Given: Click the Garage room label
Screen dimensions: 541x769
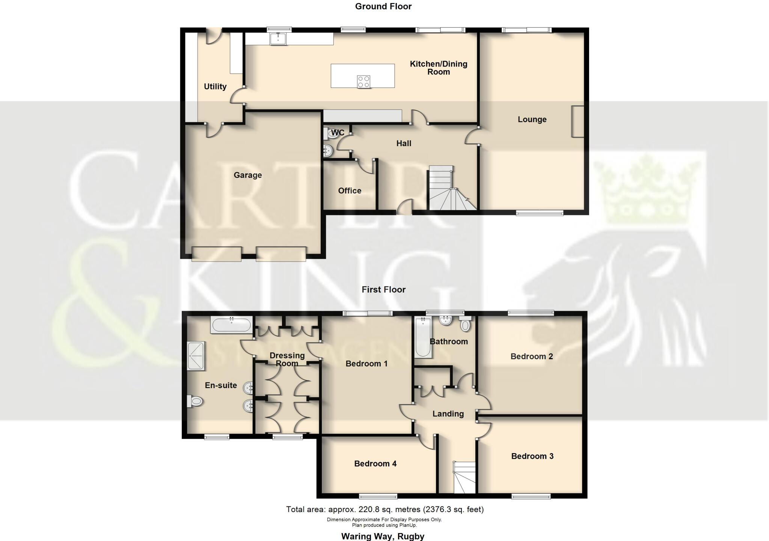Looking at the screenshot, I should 247,175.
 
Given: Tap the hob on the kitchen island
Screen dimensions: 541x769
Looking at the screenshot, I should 363,82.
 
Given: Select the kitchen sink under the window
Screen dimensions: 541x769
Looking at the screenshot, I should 278,39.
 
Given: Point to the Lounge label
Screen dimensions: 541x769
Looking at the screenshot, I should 532,119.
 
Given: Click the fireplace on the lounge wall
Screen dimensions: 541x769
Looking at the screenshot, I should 578,121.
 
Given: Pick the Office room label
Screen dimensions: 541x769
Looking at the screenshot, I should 350,191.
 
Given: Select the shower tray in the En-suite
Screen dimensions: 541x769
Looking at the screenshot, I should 196,355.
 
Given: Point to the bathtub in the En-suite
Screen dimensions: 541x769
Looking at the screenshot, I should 231,325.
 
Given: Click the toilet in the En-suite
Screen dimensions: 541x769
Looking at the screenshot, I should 195,402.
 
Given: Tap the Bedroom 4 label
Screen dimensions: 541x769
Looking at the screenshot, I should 375,464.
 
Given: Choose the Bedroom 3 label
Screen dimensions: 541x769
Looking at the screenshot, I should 532,456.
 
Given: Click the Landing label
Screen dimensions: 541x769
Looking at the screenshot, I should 448,414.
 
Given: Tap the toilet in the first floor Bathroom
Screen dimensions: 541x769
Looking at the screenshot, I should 465,324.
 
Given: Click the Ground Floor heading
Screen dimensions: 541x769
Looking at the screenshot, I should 383,6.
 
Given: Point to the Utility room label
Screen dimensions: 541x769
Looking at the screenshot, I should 215,87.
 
